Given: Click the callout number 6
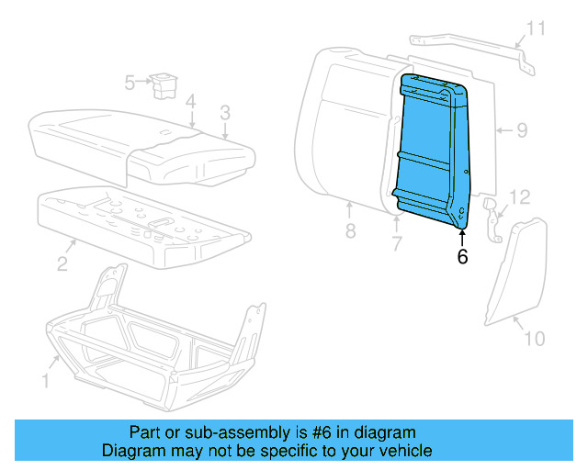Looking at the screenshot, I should tap(462, 258).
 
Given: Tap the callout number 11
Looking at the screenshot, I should tap(535, 28).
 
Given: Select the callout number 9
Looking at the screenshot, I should tap(521, 130).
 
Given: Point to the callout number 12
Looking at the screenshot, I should tap(520, 196).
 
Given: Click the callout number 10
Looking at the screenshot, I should tap(535, 339).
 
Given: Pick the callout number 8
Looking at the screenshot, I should tap(350, 231).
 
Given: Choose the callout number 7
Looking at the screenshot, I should tap(397, 243).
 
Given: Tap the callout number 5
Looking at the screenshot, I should tap(130, 84).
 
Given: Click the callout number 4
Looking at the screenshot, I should tap(189, 101).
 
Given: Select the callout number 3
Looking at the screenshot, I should tap(223, 114).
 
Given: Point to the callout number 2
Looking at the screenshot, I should tap(62, 264).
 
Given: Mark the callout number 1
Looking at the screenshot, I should tap(46, 379).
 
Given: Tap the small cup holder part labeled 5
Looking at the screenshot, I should tap(165, 84).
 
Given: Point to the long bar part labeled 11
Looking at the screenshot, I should tap(469, 45).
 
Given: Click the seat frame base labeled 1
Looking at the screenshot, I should tap(152, 340).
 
